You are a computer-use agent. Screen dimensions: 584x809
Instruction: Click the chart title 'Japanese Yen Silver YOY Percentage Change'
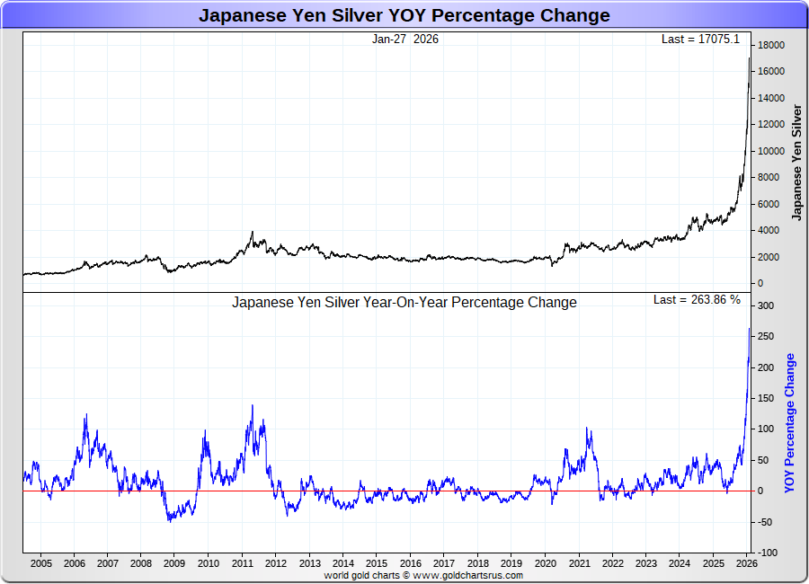(404, 15)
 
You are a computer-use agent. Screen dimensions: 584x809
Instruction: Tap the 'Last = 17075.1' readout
(700, 40)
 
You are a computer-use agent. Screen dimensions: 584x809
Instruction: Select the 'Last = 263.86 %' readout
(697, 300)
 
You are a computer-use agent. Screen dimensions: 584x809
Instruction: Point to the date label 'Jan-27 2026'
(405, 40)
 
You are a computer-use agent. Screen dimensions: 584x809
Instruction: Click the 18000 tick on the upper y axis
(771, 45)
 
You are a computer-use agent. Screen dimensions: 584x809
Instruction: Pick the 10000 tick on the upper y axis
(771, 151)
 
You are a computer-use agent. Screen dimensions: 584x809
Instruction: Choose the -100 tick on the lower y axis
(767, 553)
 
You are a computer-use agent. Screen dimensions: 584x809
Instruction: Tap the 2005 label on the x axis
(40, 564)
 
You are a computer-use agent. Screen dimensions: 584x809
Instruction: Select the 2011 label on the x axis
(243, 564)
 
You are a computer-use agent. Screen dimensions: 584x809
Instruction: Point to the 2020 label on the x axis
(546, 564)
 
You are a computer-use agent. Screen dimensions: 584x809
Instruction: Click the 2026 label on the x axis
(745, 564)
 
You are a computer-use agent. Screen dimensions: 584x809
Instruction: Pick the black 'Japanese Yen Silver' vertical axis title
(796, 162)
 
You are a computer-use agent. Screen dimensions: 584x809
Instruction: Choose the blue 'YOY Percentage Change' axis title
(790, 422)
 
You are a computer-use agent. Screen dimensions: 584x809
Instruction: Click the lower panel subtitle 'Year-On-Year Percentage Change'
(404, 303)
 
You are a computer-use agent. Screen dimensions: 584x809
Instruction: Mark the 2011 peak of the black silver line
(253, 232)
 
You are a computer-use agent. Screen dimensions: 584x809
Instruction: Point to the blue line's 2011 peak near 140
(252, 405)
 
